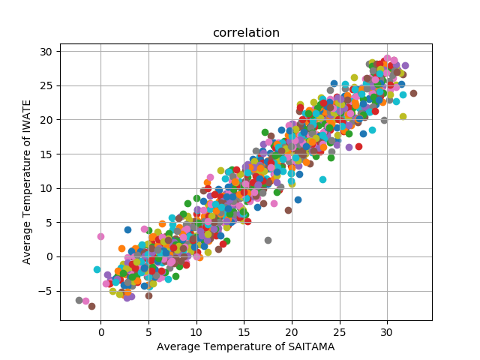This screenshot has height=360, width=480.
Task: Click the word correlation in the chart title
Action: tap(246, 33)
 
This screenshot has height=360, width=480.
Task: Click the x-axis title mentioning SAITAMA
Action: tap(245, 346)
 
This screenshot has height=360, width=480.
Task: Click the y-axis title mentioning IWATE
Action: tap(27, 182)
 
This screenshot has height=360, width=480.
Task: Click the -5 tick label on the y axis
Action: tap(46, 291)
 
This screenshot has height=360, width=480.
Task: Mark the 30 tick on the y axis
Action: tap(46, 52)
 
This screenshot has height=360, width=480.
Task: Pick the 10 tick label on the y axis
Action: tap(46, 188)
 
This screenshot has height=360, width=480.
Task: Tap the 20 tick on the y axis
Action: tap(46, 120)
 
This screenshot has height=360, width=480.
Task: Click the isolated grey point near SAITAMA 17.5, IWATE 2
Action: tap(268, 240)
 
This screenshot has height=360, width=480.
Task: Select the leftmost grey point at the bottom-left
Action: tap(79, 300)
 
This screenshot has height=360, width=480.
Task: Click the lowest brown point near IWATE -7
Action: tap(91, 306)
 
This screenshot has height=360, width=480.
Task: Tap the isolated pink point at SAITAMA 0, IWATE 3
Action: tap(100, 236)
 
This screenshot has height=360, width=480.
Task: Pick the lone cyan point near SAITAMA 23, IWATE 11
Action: tap(322, 179)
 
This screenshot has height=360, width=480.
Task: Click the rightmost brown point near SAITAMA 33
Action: tap(413, 93)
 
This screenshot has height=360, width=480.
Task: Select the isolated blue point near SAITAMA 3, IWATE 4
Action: tap(127, 229)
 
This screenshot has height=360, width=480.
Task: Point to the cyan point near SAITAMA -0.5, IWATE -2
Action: tap(97, 269)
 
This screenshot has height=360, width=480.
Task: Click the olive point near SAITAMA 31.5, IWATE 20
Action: tap(403, 116)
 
